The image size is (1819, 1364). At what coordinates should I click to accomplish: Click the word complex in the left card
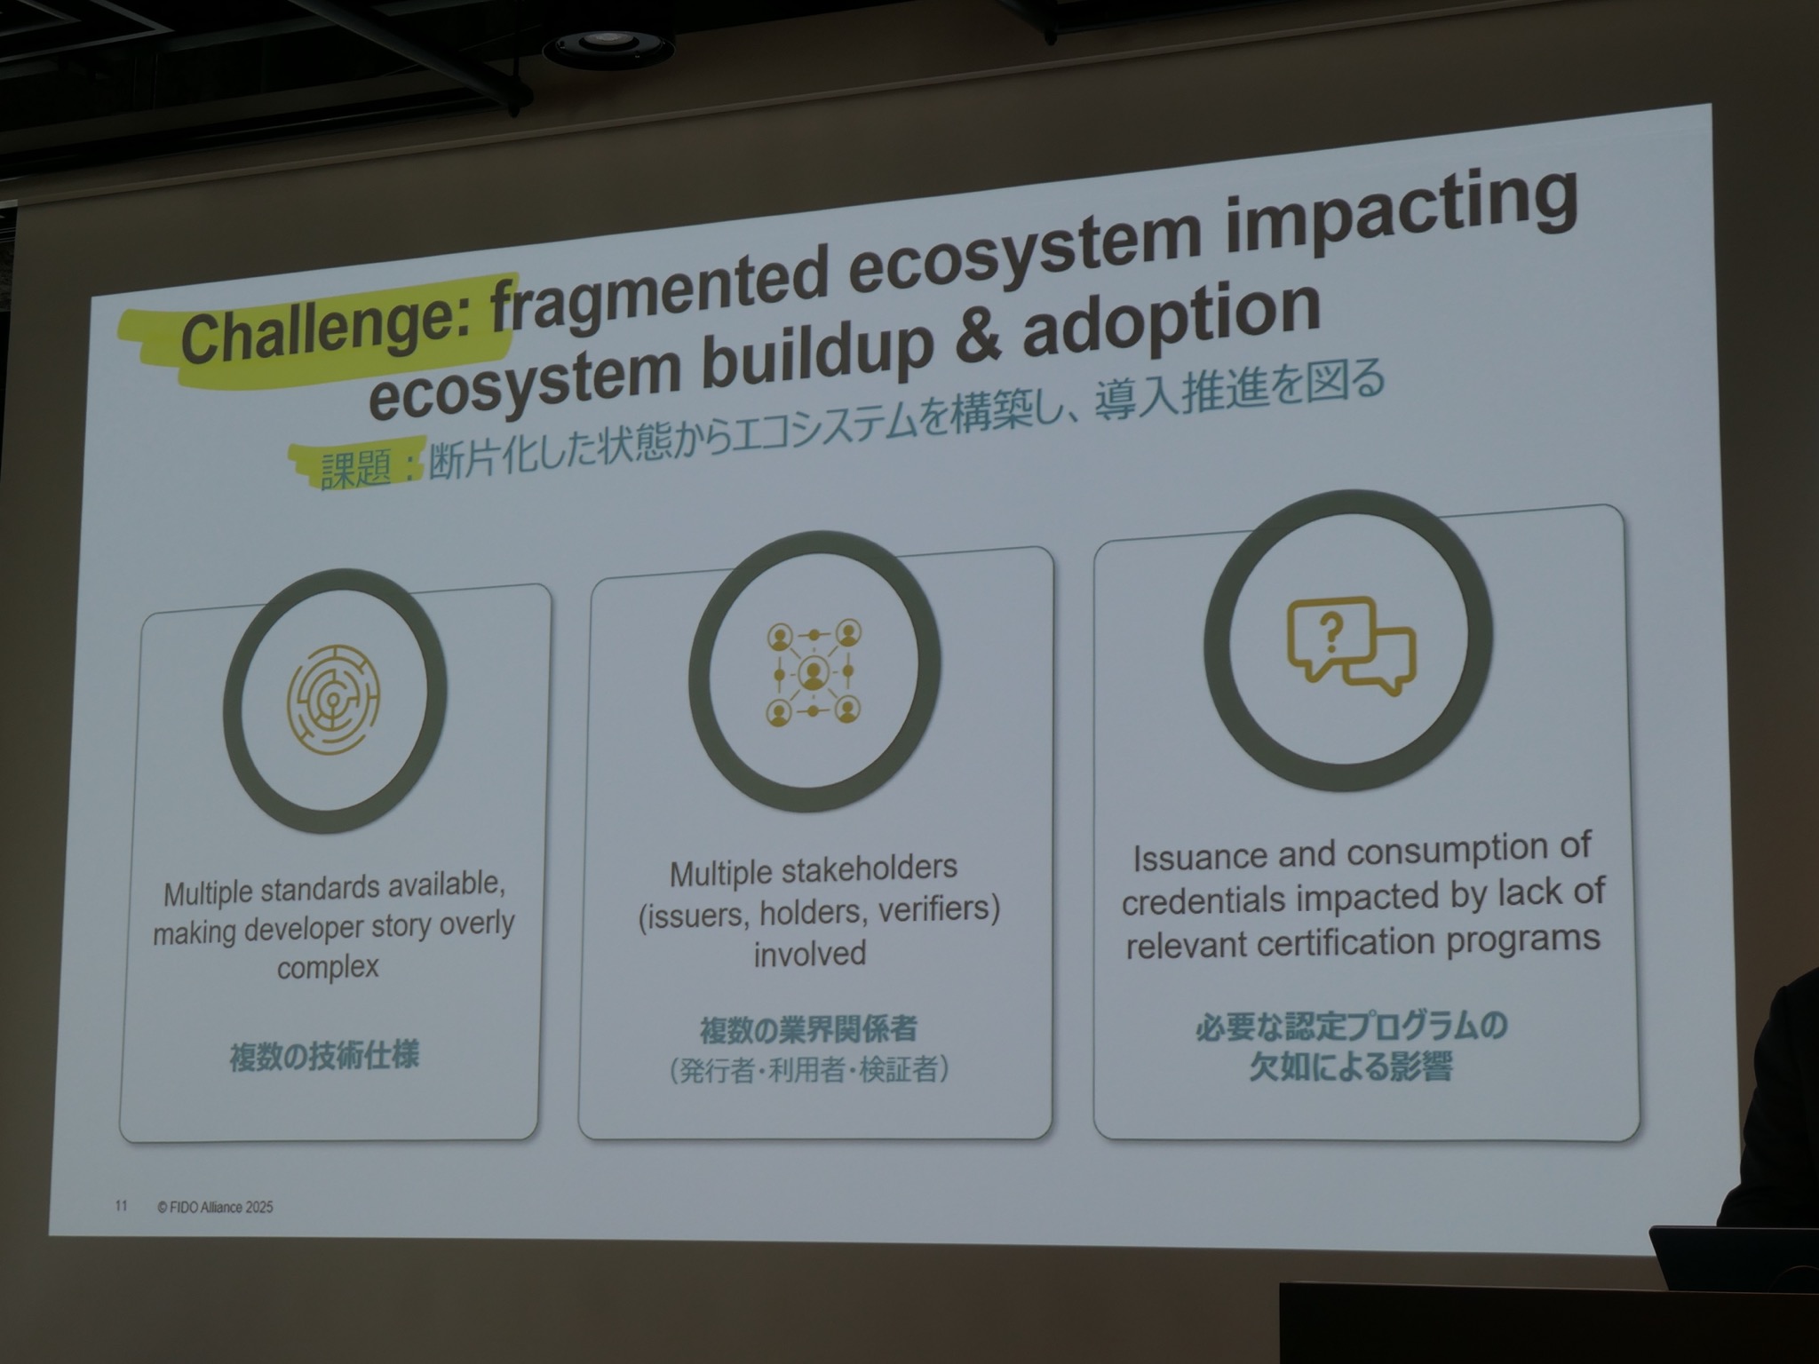click(x=328, y=967)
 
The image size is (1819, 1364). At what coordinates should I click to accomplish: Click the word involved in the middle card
click(x=810, y=953)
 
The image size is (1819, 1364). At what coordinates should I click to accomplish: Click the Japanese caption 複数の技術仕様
click(x=324, y=1056)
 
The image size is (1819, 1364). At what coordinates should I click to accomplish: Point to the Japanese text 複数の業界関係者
click(x=808, y=1029)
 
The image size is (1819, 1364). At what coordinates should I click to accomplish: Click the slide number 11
click(x=121, y=1205)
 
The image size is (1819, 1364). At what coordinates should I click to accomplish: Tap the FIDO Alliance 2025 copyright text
click(x=215, y=1207)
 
